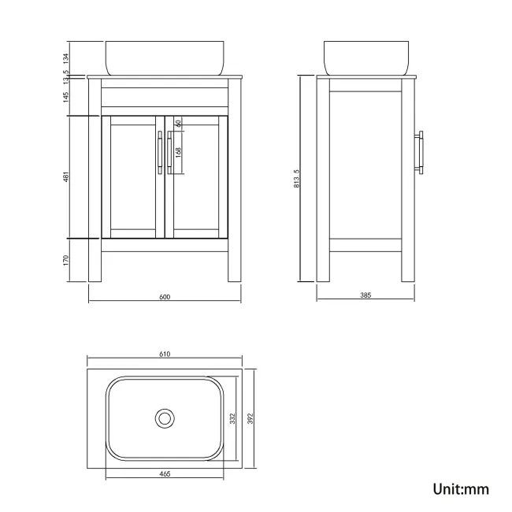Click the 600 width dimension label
tap(165, 297)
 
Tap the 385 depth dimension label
tap(365, 295)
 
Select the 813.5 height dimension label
tap(296, 179)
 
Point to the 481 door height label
tap(66, 176)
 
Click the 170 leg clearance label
tap(66, 260)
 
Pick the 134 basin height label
tap(66, 58)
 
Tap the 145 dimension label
tap(66, 97)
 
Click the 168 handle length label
tap(178, 152)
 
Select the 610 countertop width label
tap(165, 354)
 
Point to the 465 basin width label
tap(165, 473)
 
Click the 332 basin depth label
tap(232, 418)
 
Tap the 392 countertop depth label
tap(250, 418)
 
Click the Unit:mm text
tap(461, 489)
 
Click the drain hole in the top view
tap(165, 418)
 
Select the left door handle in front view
tap(160, 153)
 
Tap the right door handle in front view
tap(169, 153)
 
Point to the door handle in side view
tap(419, 153)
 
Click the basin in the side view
tap(366, 58)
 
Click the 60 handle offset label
tap(178, 124)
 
